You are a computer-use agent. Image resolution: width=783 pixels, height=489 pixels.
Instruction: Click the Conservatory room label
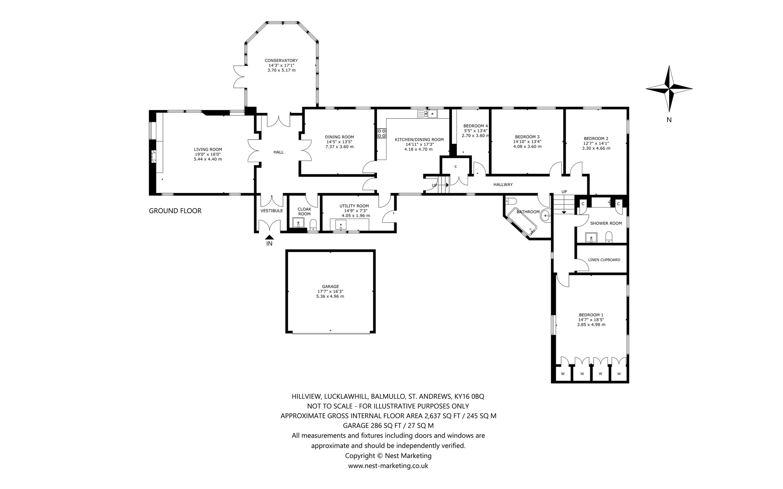[281, 60]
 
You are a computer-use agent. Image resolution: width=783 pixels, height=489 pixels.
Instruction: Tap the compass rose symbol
[669, 89]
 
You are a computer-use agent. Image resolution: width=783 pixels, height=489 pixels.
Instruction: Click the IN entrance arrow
[270, 238]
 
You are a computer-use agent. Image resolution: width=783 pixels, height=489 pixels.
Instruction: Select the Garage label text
[330, 286]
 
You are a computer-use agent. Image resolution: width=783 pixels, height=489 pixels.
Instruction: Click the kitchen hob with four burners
[382, 133]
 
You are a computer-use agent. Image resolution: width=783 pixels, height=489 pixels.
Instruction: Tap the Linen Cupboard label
[604, 260]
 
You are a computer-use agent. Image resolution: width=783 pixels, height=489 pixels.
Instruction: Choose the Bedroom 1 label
[591, 315]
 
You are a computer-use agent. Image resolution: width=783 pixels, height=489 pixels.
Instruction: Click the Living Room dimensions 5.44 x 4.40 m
[208, 159]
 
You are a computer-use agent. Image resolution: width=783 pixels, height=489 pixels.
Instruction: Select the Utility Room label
[354, 206]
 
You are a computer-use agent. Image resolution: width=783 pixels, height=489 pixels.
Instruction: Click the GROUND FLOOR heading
[175, 211]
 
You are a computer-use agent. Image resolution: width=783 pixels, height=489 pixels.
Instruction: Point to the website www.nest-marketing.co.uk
[388, 466]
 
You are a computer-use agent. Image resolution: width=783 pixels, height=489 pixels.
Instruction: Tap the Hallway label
[503, 185]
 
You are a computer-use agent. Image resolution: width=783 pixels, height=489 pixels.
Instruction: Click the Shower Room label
[606, 223]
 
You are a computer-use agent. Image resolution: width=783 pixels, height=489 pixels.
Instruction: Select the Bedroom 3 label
[527, 137]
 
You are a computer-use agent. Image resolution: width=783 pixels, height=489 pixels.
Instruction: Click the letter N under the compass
[669, 120]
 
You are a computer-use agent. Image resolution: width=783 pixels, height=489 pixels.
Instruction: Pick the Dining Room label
[340, 137]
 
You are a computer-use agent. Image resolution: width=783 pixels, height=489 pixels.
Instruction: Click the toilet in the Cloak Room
[313, 224]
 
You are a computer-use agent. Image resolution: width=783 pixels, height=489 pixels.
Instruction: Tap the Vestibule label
[271, 211]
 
